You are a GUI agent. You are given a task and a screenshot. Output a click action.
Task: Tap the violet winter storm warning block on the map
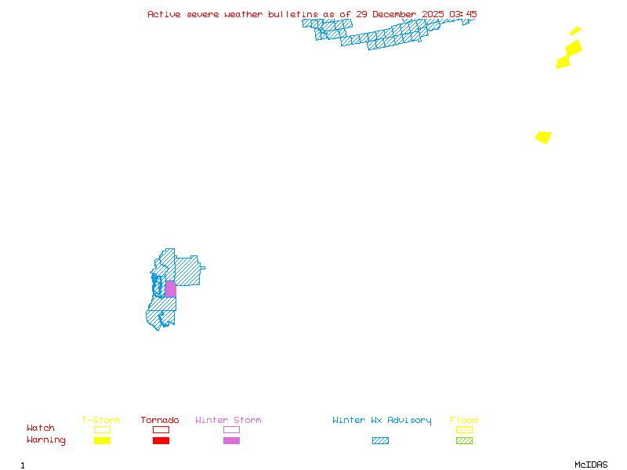tap(170, 289)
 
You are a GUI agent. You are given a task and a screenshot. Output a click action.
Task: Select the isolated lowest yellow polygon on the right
tap(543, 137)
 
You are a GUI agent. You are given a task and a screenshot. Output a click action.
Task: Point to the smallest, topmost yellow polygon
tap(575, 31)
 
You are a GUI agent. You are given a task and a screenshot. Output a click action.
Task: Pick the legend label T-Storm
tap(101, 421)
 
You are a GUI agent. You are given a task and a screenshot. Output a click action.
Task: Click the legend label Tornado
tap(160, 421)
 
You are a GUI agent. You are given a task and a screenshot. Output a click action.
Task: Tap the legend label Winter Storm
tap(228, 421)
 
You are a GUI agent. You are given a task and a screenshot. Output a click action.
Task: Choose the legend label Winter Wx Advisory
tap(382, 421)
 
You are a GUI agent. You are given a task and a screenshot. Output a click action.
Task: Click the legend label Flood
tap(464, 421)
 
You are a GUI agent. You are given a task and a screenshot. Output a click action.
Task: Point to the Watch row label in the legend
tap(41, 428)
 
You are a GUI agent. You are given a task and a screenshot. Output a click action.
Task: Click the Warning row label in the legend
tap(46, 440)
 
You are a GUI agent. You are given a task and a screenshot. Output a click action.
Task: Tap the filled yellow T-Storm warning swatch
tap(102, 441)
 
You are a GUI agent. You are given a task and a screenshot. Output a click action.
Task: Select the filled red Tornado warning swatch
tap(161, 441)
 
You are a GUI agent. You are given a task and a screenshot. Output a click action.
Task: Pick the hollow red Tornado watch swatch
tap(161, 429)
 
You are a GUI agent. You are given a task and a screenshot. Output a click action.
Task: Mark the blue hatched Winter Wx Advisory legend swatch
tap(380, 441)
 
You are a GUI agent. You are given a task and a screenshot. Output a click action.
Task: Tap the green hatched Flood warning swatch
tap(464, 441)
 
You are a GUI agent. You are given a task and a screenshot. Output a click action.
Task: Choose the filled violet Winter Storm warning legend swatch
tap(231, 441)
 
